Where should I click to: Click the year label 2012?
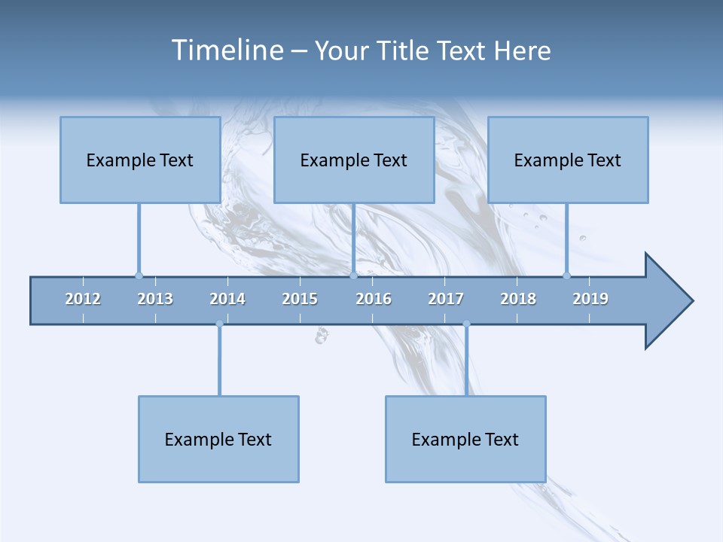tap(83, 299)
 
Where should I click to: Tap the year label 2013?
tap(155, 299)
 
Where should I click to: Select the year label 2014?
tap(227, 299)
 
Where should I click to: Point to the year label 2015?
tap(300, 299)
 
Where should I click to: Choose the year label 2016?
tap(374, 299)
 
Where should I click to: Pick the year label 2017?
tap(446, 299)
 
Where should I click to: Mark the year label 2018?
tap(518, 299)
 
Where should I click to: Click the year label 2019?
tap(590, 299)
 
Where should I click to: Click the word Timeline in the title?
tap(226, 50)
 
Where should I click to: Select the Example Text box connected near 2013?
tap(140, 160)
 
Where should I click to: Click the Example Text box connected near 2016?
tap(354, 160)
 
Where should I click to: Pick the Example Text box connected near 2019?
tap(568, 160)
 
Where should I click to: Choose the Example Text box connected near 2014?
tap(218, 439)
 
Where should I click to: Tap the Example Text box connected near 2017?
tap(465, 439)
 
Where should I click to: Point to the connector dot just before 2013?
tap(139, 276)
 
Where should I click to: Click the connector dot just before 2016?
tap(353, 276)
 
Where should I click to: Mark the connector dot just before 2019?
tap(566, 276)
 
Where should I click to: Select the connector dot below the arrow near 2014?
tap(219, 324)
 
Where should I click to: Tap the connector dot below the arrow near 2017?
tap(466, 324)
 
